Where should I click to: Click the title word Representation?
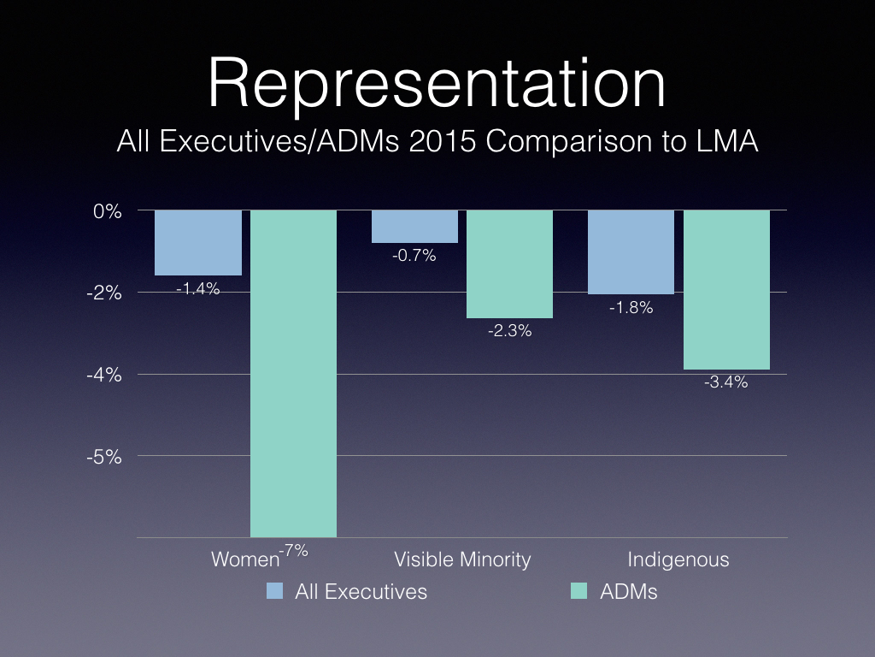coord(437,84)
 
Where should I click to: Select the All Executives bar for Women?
coord(198,242)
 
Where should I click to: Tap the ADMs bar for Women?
coord(293,373)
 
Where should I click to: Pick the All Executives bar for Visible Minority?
coord(414,227)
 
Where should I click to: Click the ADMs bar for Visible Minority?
coord(509,263)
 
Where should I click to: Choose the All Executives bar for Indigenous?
coord(631,252)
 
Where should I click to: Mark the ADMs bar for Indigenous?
coord(726,289)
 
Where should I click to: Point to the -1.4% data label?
coord(198,289)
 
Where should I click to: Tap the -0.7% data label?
coord(414,256)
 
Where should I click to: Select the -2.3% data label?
coord(509,331)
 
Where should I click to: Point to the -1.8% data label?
coord(631,308)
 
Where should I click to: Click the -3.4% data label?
coord(726,382)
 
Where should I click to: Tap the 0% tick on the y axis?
coord(109,210)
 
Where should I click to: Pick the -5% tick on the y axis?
coord(103,456)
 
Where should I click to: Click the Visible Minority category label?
coord(462,560)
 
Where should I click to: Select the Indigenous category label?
coord(678,560)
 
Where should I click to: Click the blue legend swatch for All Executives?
coord(275,590)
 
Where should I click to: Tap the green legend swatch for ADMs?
coord(579,590)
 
